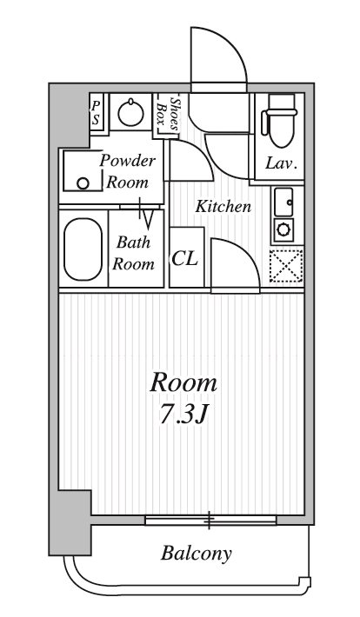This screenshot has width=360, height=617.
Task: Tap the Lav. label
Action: click(x=281, y=163)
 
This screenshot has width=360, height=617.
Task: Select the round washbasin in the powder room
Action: click(x=130, y=112)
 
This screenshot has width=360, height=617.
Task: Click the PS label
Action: click(x=96, y=113)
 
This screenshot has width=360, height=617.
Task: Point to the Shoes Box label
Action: click(x=168, y=113)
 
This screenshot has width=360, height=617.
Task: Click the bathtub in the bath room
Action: click(x=83, y=249)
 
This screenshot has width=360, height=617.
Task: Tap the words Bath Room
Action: click(x=134, y=253)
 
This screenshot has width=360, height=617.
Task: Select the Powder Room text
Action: click(x=127, y=171)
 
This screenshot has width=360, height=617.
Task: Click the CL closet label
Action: click(x=184, y=258)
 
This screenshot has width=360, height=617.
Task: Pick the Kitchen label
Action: click(x=223, y=206)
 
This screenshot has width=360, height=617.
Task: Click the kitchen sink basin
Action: click(x=283, y=202)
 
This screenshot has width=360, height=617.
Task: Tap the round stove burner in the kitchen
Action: click(x=283, y=229)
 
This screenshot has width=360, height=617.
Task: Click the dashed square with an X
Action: click(x=286, y=265)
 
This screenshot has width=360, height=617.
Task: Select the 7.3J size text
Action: click(x=183, y=414)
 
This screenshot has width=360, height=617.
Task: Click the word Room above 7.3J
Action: click(x=183, y=383)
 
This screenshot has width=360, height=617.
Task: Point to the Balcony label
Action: click(x=197, y=554)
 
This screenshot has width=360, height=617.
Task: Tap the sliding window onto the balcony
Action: click(x=210, y=521)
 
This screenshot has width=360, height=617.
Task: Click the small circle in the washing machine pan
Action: click(x=83, y=183)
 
